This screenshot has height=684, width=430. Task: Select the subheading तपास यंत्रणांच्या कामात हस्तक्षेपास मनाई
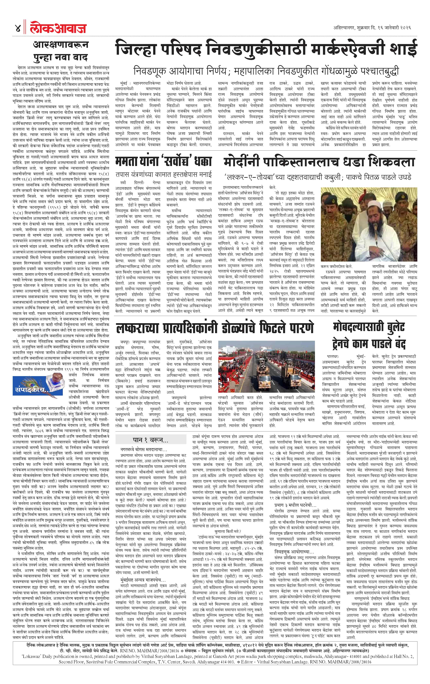pos(164,174)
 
